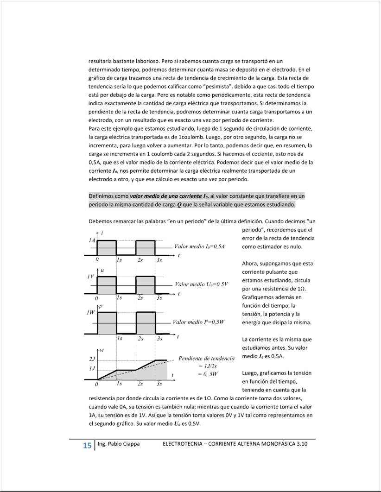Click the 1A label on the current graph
point(92,240)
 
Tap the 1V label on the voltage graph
point(91,277)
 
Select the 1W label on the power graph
point(91,313)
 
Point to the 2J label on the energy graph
point(92,359)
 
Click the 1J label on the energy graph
point(92,369)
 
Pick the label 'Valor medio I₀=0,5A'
point(199,246)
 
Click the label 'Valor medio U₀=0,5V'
point(201,284)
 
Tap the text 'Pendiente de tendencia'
point(206,358)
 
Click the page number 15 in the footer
point(87,446)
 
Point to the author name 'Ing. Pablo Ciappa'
point(118,444)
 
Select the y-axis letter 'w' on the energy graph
point(102,350)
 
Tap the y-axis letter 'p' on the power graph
point(101,306)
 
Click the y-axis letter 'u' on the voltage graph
point(102,270)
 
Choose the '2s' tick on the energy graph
point(140,384)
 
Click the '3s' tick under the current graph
point(159,260)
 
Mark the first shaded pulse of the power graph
point(107,322)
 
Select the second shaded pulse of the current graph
point(146,247)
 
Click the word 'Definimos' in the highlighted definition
point(102,196)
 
